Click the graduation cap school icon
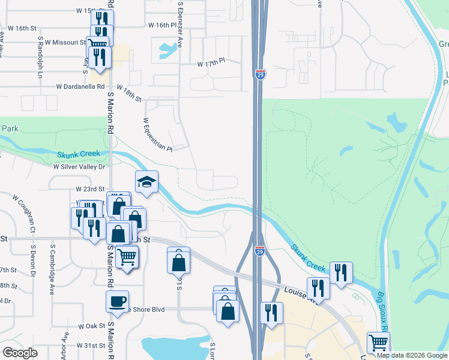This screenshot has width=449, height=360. (146, 182)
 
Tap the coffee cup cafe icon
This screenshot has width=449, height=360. (117, 300)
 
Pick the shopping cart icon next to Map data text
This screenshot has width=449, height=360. (378, 343)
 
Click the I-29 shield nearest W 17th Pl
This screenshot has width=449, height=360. (260, 74)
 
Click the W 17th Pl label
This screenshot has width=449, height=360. (211, 62)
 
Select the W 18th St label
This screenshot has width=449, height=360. (128, 93)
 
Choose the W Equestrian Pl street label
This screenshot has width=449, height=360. (157, 134)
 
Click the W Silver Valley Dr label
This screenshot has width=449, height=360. (79, 167)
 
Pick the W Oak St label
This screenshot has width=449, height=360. (91, 326)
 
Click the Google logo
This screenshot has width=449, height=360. (20, 353)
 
